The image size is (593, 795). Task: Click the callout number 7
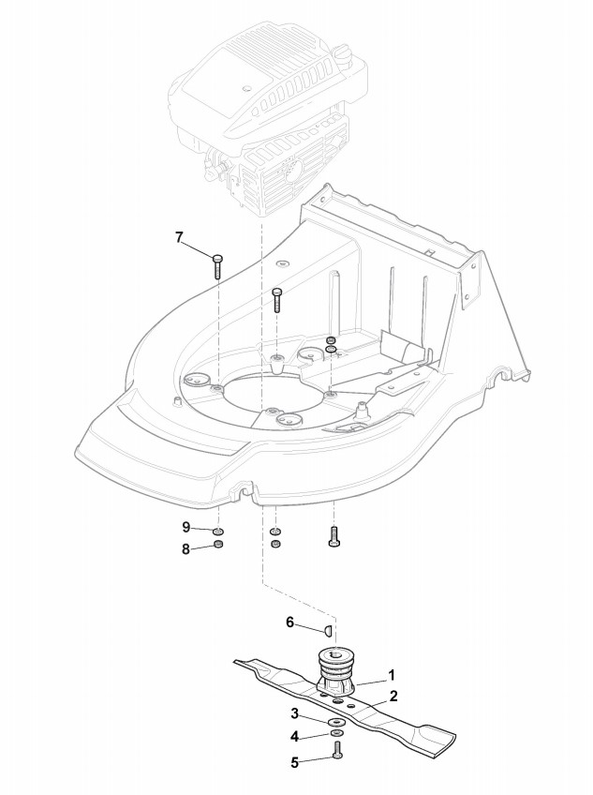179,236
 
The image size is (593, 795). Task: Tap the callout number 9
185,527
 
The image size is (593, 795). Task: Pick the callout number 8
185,548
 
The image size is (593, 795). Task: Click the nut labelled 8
218,547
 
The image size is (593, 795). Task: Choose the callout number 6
289,621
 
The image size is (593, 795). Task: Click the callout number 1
392,674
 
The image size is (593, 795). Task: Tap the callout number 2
393,696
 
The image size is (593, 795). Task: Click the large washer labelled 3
334,723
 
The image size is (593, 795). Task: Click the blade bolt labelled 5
336,752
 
